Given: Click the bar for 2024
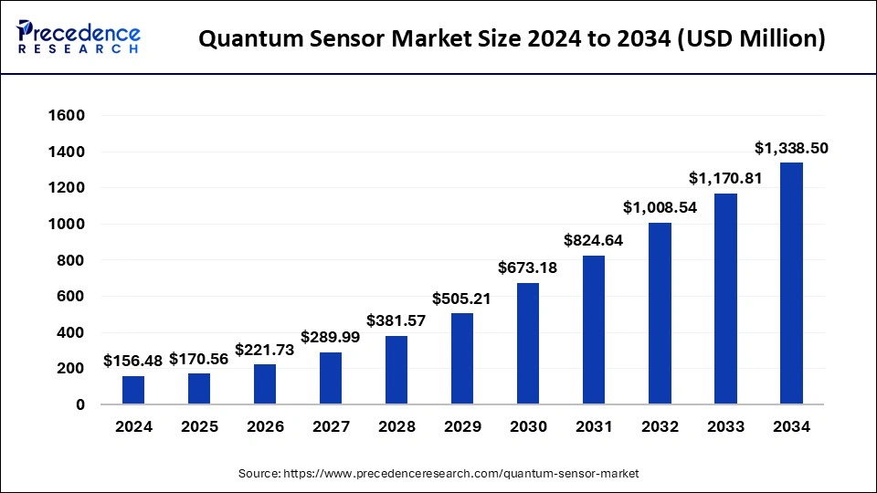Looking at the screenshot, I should [x=133, y=390].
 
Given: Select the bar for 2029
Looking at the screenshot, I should [x=462, y=359].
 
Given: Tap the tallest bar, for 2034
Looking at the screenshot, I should [x=791, y=283].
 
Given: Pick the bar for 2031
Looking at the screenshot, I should [x=594, y=330].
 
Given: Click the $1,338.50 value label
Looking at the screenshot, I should [x=791, y=148].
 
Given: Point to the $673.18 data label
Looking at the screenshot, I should [x=528, y=267].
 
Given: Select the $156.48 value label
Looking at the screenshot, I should [x=132, y=361].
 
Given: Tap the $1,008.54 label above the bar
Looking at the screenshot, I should [x=660, y=207].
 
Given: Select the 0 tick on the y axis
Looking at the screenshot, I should [x=79, y=404].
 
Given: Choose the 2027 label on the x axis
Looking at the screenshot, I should [x=331, y=426].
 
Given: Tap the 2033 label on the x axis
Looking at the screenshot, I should [x=725, y=426].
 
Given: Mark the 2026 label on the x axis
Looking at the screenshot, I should [x=265, y=426].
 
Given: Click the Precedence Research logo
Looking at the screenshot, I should [x=79, y=37].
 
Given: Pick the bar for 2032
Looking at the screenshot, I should [x=660, y=313].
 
